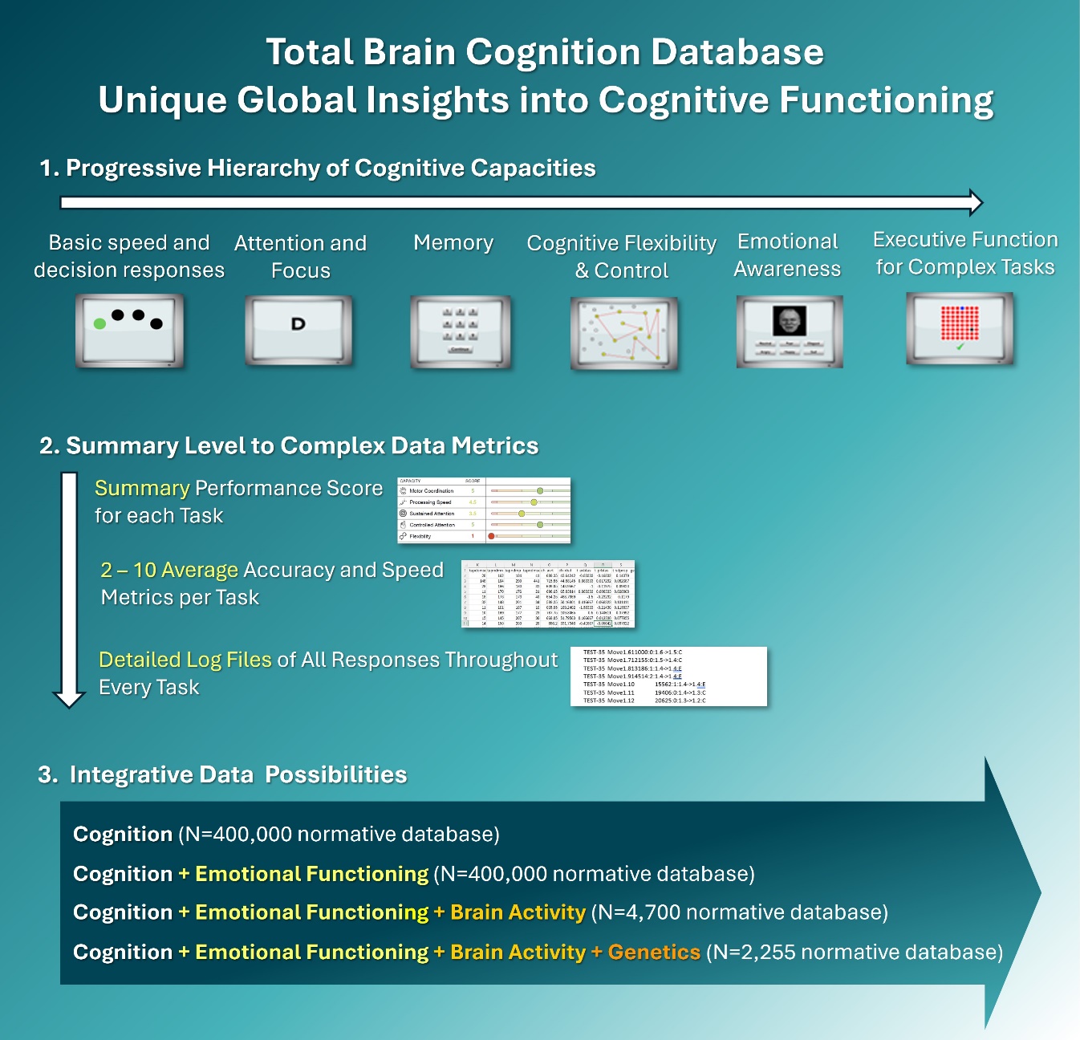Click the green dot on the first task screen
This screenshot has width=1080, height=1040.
point(99,323)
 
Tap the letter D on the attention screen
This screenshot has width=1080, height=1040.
point(298,324)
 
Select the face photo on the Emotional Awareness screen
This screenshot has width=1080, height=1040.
point(789,321)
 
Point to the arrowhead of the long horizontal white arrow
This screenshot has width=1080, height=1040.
point(976,202)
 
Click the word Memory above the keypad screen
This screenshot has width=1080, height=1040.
point(453,242)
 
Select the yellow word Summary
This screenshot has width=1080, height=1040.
point(142,488)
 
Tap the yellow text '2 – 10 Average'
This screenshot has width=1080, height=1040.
point(169,570)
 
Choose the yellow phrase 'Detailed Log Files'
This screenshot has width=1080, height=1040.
point(185,660)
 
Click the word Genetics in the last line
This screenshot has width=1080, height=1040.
point(654,952)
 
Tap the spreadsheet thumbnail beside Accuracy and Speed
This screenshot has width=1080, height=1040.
point(548,594)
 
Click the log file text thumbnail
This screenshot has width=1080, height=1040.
point(668,676)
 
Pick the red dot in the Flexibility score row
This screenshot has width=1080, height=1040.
point(491,536)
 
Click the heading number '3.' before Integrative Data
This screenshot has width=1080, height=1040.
point(48,774)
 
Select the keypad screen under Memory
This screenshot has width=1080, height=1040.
point(461,331)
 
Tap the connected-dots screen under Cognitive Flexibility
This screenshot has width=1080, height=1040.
point(624,333)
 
